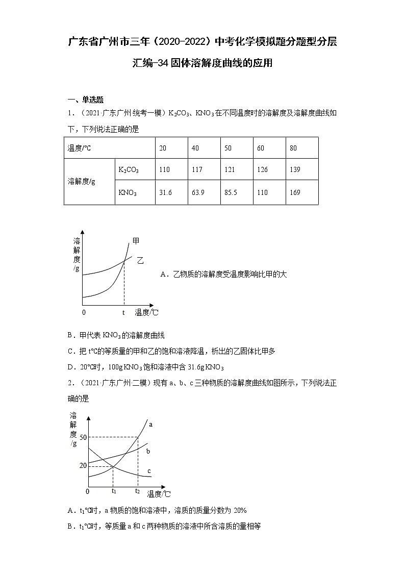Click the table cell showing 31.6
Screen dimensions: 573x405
pos(166,192)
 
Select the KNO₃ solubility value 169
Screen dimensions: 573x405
pos(295,192)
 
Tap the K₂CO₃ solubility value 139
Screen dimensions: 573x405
pos(295,169)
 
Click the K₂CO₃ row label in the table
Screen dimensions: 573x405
pos(128,169)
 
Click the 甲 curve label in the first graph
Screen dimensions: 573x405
pos(136,241)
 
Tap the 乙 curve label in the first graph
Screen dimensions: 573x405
pos(140,260)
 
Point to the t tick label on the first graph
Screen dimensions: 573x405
pos(123,312)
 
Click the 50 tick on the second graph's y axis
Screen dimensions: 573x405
pos(83,437)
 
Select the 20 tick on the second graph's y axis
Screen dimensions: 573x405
pos(83,465)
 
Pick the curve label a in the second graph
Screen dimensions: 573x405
pos(150,424)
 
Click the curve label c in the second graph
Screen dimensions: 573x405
pos(149,471)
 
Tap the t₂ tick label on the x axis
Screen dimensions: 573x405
pos(137,491)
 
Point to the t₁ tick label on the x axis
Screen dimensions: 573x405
pos(114,491)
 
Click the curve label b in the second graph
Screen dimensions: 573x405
pos(148,451)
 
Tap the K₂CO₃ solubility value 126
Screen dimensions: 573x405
pos(262,169)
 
